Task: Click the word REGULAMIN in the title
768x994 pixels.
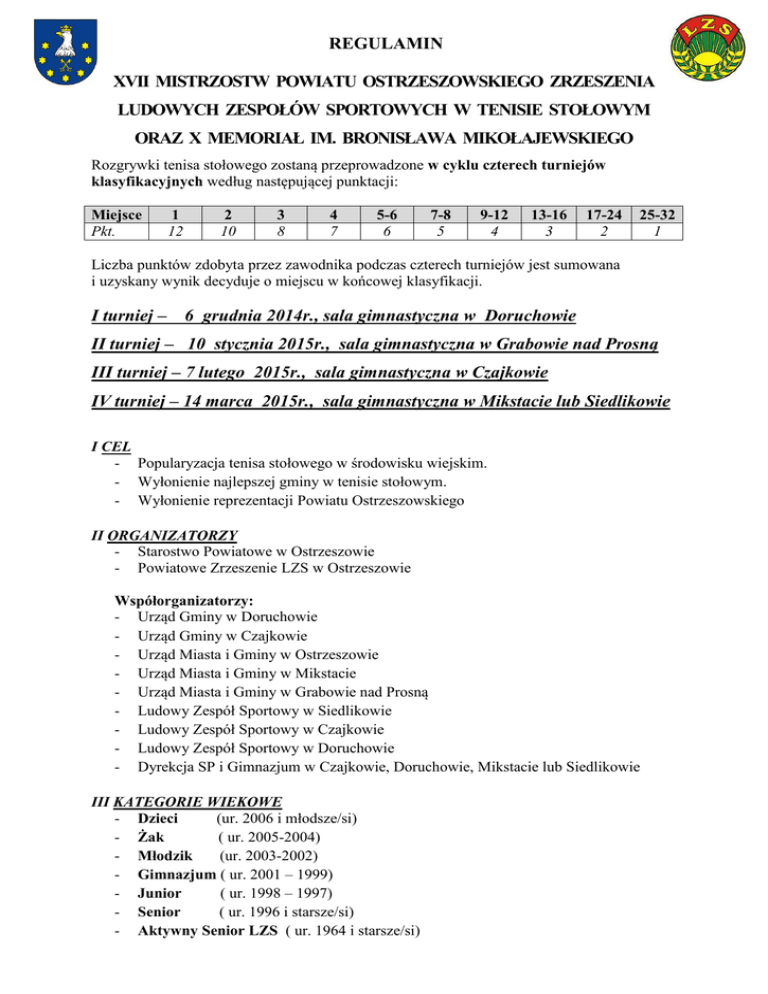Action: click(384, 43)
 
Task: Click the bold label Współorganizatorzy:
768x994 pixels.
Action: click(185, 600)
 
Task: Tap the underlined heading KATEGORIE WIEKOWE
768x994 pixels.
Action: click(199, 801)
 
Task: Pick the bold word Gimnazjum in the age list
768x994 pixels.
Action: click(175, 875)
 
